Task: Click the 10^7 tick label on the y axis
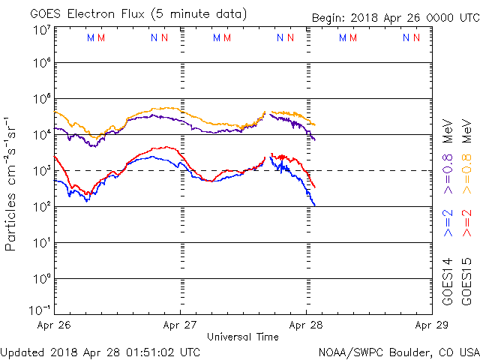40,30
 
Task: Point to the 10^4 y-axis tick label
40,134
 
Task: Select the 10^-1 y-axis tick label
40,310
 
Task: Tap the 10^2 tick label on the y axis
40,206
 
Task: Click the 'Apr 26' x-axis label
55,325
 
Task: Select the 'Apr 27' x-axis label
180,325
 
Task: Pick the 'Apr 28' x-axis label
305,325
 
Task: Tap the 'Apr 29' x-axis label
431,325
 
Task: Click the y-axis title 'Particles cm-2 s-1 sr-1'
11,184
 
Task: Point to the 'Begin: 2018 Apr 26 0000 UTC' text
395,16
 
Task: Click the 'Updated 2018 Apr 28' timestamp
100,351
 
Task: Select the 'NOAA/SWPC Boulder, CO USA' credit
398,351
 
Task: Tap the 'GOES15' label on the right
467,281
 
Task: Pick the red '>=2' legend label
467,224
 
